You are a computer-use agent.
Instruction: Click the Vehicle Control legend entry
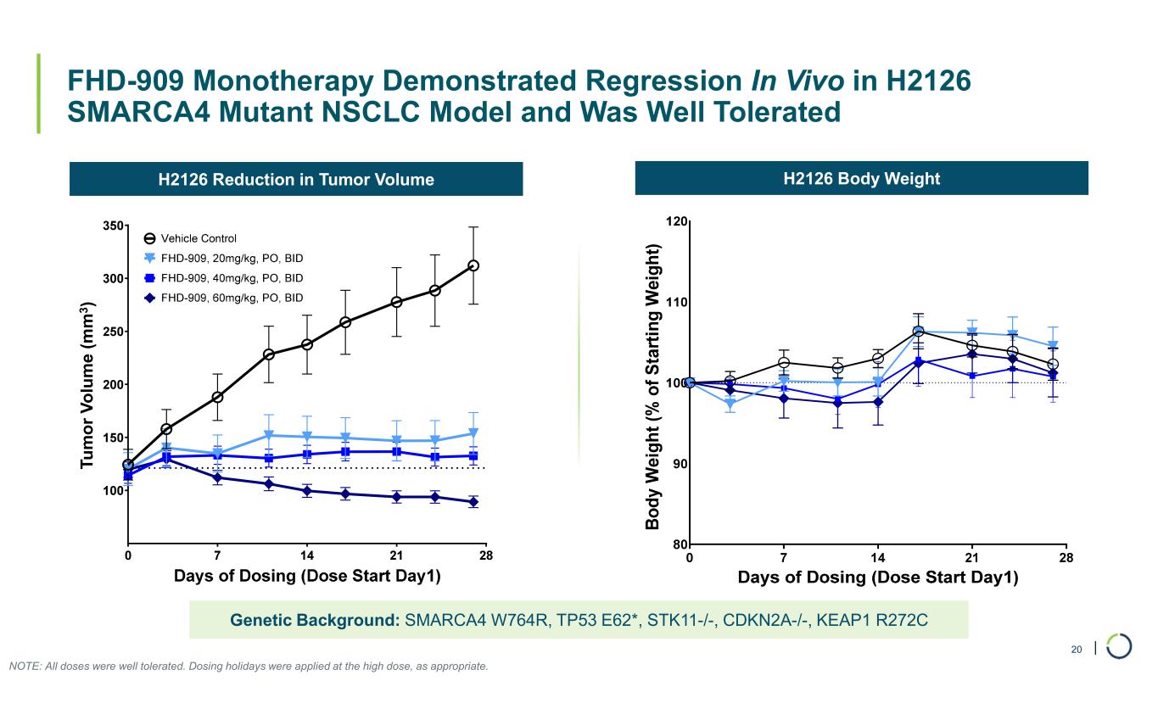[x=199, y=238]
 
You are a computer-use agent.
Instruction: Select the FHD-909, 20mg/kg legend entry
[x=232, y=258]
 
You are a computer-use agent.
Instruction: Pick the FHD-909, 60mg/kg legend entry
[x=232, y=298]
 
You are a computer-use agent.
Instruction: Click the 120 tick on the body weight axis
[x=677, y=222]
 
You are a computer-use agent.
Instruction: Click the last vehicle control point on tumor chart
[x=473, y=265]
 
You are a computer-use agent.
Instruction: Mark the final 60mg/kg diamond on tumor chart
[x=473, y=502]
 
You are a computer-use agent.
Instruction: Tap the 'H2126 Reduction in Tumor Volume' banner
[x=296, y=179]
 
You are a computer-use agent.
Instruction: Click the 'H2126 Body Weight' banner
[x=861, y=178]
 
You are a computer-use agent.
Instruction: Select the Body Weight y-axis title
[x=652, y=387]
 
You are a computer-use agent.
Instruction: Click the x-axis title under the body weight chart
[x=877, y=577]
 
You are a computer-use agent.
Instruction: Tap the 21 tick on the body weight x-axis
[x=972, y=557]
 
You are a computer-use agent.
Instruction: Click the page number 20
[x=1077, y=650]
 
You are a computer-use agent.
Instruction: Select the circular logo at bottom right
[x=1119, y=646]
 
